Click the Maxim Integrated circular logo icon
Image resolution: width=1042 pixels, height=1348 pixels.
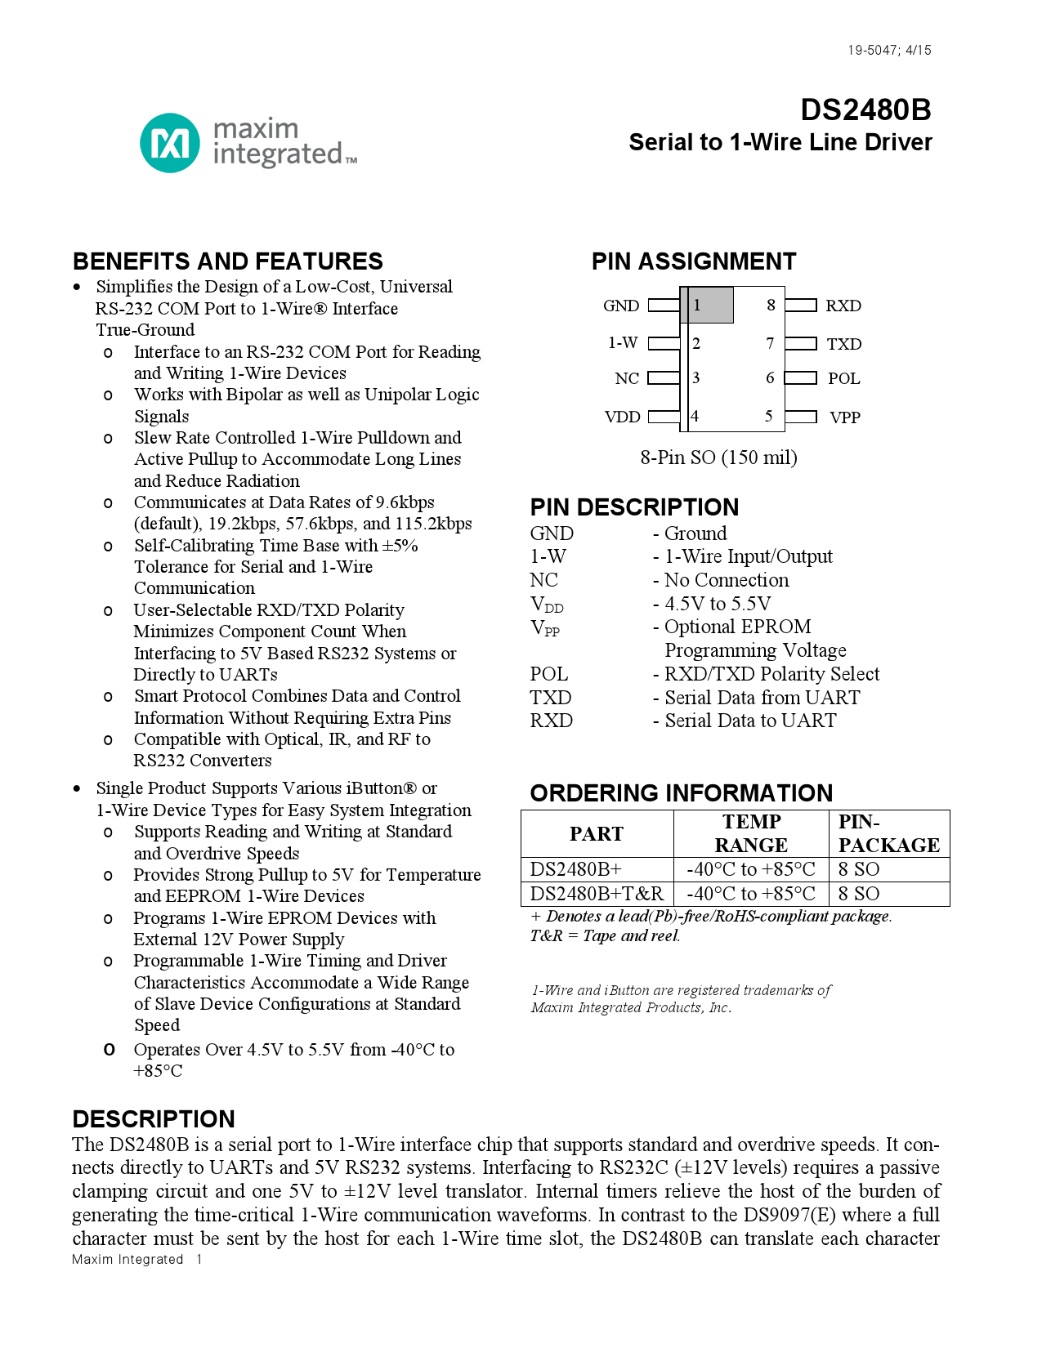click(169, 143)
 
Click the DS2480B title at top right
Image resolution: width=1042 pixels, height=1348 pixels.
click(865, 110)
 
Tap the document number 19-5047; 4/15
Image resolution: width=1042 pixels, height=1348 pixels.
click(889, 51)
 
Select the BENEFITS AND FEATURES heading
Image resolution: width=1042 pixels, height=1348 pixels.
click(227, 261)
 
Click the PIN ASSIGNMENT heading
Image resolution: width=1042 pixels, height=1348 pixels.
click(693, 261)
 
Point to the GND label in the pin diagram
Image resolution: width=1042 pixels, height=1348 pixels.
click(621, 306)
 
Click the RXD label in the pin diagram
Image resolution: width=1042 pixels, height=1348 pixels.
click(843, 306)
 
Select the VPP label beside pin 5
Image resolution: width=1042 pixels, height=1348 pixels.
click(844, 417)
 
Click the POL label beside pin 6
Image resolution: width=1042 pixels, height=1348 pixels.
click(843, 378)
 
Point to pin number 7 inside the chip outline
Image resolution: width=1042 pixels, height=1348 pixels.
click(770, 344)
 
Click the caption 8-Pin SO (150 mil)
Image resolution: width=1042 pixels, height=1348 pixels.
click(718, 458)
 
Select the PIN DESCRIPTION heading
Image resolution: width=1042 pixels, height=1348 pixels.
click(634, 507)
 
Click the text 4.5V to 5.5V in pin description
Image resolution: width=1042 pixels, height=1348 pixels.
click(718, 604)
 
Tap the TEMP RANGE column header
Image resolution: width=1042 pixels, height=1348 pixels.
click(751, 833)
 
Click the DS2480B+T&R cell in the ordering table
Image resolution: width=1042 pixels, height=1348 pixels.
click(597, 894)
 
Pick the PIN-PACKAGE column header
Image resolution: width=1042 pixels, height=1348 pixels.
click(888, 833)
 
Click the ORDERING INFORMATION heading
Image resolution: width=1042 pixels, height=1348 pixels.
click(681, 793)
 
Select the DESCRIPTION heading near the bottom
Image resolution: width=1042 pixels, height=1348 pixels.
click(154, 1119)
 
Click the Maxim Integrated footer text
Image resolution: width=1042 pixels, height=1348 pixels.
click(127, 1260)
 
